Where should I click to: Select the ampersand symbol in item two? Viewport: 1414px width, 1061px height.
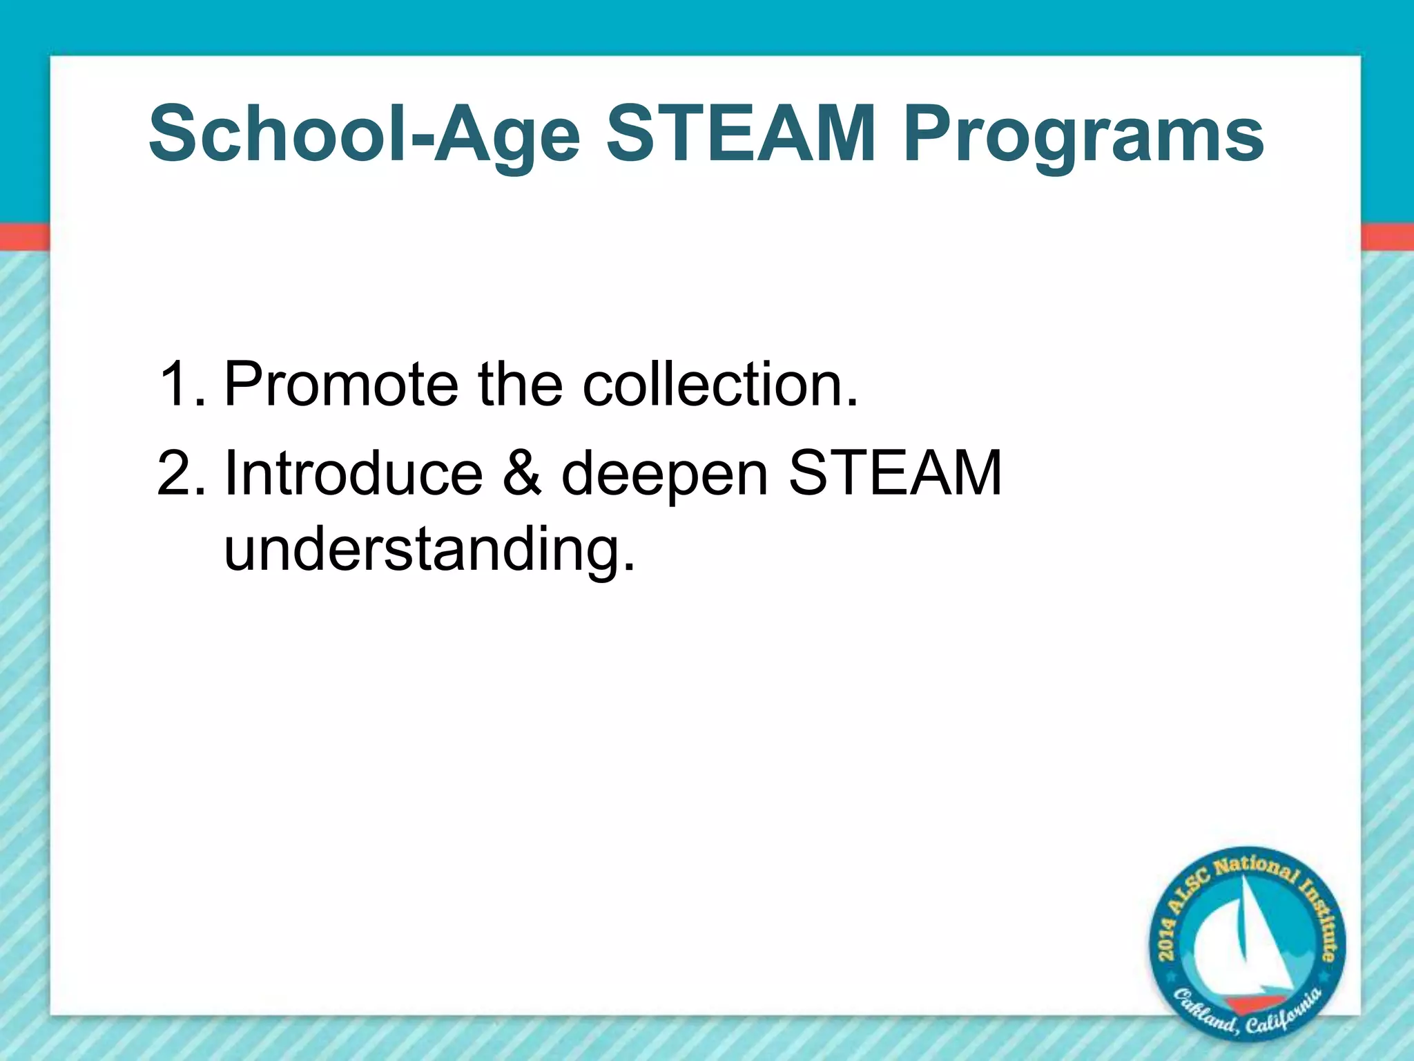tap(523, 474)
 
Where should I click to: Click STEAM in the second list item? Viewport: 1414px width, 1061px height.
tap(895, 474)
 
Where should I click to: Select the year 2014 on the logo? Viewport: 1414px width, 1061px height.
tap(1168, 940)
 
